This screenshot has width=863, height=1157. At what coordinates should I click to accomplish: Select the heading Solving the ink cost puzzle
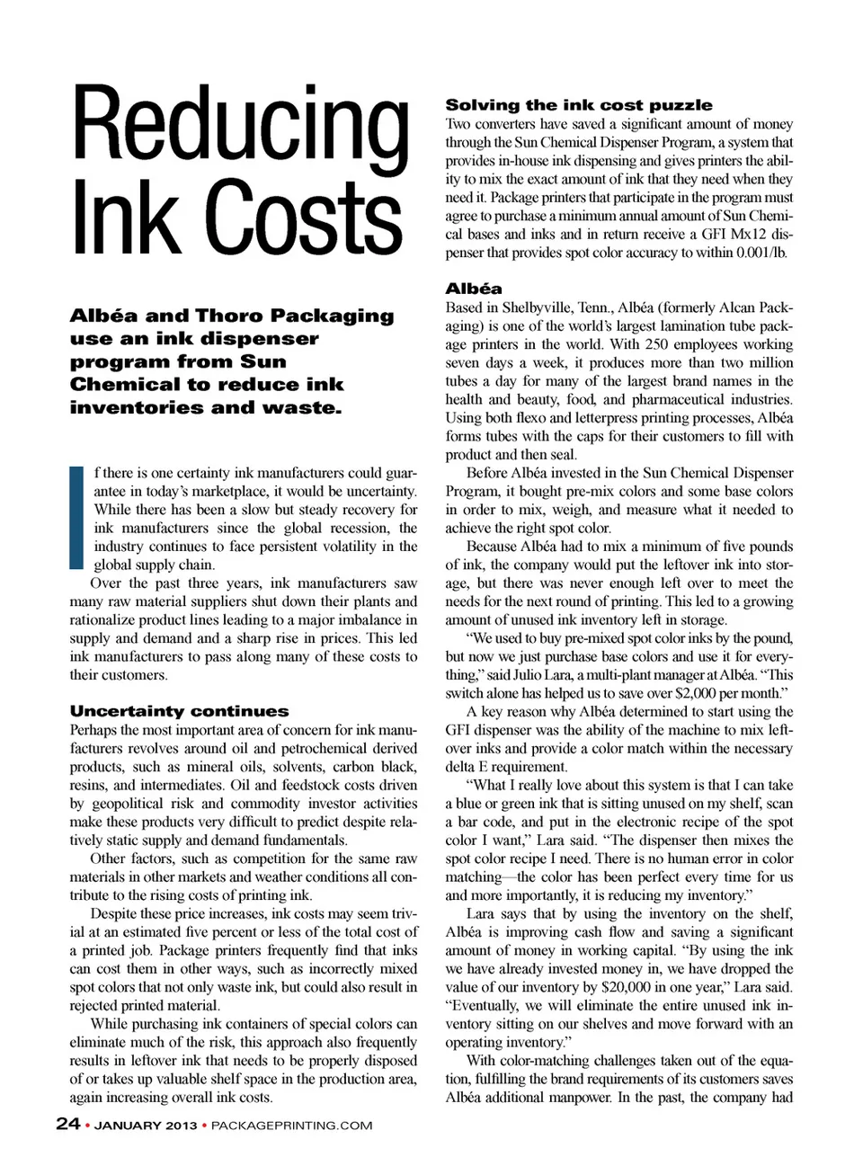pyautogui.click(x=579, y=105)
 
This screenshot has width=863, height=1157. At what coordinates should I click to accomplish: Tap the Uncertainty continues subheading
pyautogui.click(x=179, y=711)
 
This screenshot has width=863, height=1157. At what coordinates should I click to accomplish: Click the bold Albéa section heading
pyautogui.click(x=474, y=289)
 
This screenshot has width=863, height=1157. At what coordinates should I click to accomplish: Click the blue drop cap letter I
pyautogui.click(x=76, y=517)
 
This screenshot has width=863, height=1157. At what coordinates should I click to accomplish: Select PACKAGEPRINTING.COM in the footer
pyautogui.click(x=291, y=1125)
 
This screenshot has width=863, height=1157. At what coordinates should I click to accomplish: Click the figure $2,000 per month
pyautogui.click(x=720, y=693)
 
